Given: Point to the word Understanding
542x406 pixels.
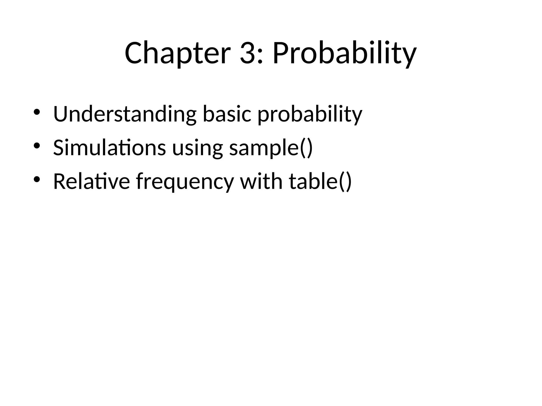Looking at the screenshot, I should click(x=125, y=114).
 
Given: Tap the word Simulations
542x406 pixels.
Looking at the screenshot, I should click(x=109, y=147).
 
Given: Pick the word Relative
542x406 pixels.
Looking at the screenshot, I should click(x=91, y=181).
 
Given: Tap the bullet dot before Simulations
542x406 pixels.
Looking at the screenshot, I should click(x=37, y=145).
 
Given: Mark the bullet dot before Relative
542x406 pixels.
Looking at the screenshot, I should click(x=37, y=179).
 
